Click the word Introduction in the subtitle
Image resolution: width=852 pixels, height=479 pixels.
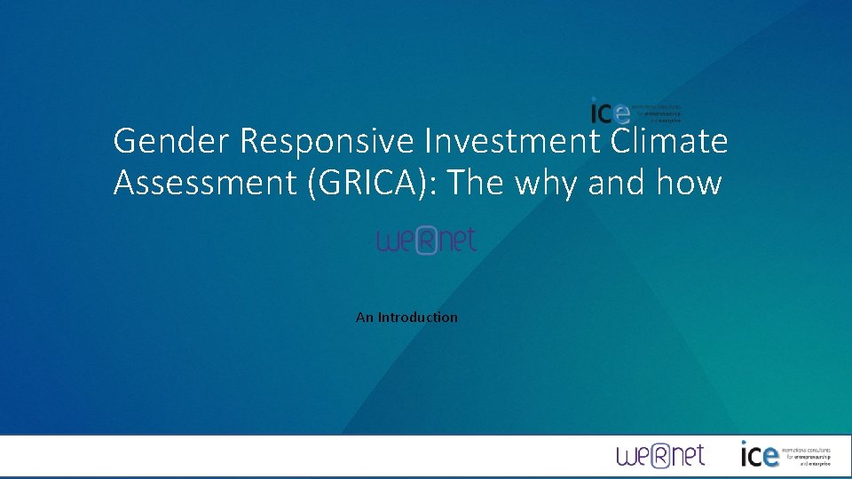pyautogui.click(x=418, y=317)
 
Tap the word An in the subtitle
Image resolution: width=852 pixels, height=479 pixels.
pyautogui.click(x=365, y=317)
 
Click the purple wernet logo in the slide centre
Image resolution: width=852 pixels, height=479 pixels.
pyautogui.click(x=427, y=239)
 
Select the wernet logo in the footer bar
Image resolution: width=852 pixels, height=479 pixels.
pyautogui.click(x=660, y=456)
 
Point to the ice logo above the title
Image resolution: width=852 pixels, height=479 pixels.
pyautogui.click(x=635, y=111)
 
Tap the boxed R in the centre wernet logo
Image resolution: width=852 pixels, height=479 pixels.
pyautogui.click(x=427, y=240)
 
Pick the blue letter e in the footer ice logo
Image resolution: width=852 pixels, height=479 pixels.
pyautogui.click(x=769, y=457)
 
